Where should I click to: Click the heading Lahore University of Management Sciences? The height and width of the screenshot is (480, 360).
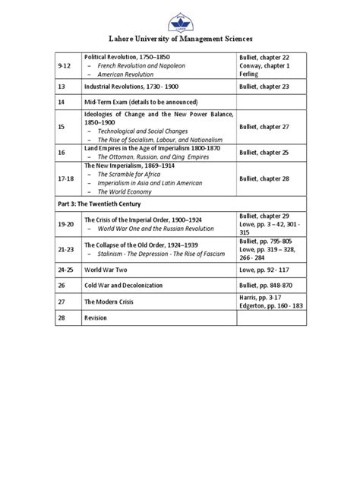(180, 37)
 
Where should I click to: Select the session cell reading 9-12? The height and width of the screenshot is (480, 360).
(64, 67)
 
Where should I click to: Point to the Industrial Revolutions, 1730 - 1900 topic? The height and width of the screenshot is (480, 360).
(132, 87)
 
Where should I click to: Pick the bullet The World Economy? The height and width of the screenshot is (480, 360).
(122, 192)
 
